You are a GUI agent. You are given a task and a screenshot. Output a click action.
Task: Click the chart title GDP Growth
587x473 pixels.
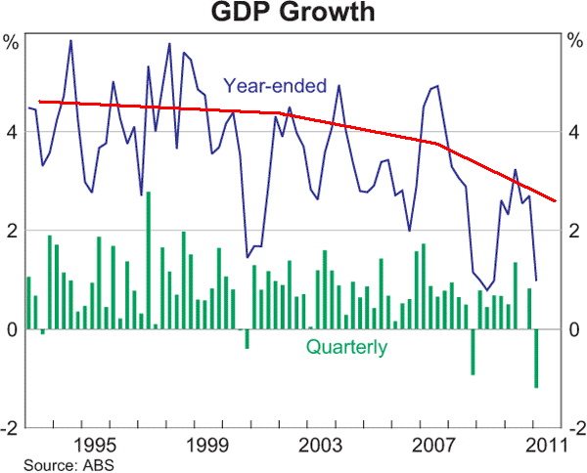(293, 14)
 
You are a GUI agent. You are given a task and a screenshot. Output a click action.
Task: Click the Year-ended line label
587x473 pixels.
(275, 86)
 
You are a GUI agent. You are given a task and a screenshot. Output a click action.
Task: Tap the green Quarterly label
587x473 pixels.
(346, 346)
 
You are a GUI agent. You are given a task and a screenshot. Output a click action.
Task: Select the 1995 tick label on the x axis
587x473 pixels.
(102, 444)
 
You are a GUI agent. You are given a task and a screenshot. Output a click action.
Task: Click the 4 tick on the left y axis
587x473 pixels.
(12, 131)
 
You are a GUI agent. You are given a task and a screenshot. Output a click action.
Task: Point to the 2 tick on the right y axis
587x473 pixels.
(574, 231)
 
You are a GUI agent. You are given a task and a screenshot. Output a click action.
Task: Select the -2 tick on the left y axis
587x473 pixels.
(10, 428)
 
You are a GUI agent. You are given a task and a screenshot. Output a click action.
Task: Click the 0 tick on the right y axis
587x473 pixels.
(574, 329)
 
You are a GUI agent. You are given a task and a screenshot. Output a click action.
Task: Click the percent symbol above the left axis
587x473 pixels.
(11, 42)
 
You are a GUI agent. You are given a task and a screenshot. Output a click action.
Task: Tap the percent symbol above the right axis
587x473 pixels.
(574, 42)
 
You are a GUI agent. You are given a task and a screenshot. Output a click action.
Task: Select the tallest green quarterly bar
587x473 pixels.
(148, 260)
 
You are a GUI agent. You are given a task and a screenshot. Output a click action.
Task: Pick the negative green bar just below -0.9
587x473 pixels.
(473, 352)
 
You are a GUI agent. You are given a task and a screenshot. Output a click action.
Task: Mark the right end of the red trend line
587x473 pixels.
(556, 201)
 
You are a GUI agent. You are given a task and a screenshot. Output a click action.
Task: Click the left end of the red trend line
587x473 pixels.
(38, 101)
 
